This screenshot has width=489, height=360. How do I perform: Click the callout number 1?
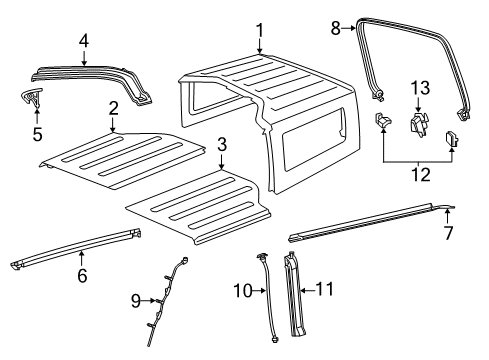260,30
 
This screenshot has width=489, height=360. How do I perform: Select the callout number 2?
114,108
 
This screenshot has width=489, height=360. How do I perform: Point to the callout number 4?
84,42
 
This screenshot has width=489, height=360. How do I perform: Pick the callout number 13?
418,87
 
